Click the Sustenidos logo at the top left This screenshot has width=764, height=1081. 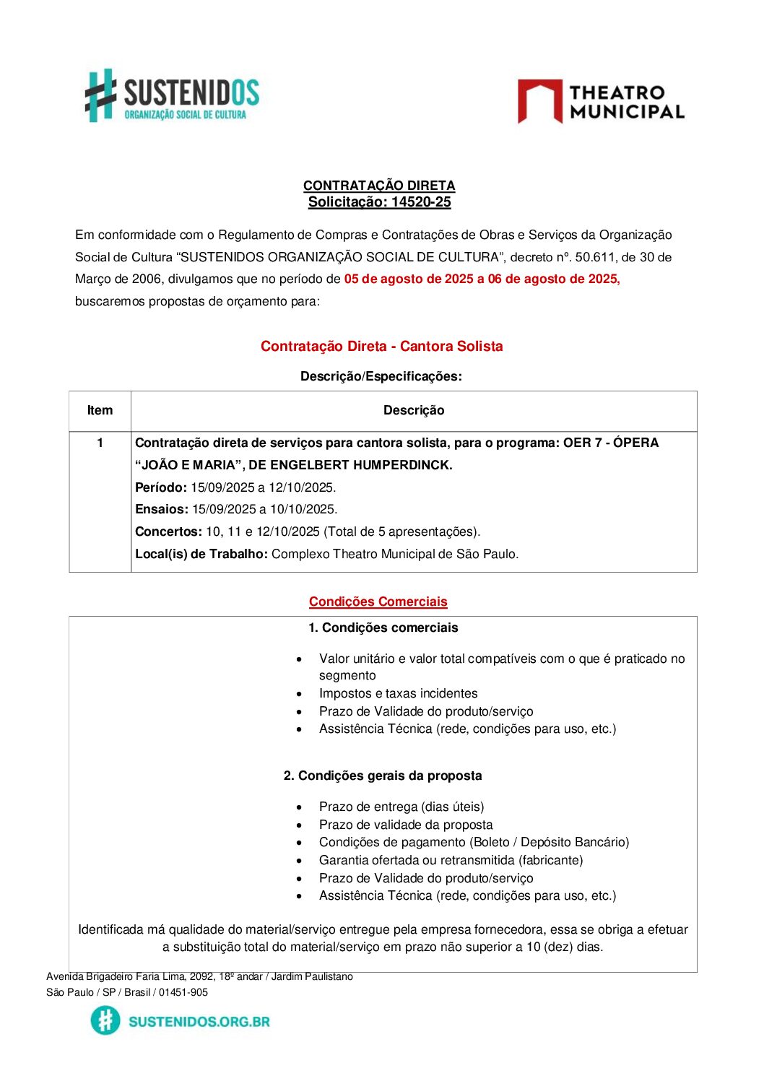[x=172, y=96]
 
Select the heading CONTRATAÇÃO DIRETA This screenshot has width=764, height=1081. [x=379, y=186]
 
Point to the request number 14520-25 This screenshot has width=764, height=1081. [x=421, y=202]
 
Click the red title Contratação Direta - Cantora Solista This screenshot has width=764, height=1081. [x=381, y=346]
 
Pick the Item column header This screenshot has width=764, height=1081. [x=100, y=410]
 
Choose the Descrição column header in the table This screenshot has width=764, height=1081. [x=414, y=410]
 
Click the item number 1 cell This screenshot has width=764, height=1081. [x=100, y=443]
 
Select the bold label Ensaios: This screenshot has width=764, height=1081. [x=162, y=509]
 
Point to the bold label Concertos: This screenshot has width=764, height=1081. [x=168, y=531]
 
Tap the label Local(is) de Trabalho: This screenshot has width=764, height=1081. [x=201, y=554]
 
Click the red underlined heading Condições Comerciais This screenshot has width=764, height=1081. [x=378, y=602]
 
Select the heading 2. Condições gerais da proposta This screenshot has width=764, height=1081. [x=383, y=776]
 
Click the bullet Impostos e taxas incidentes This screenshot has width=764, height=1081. [x=398, y=693]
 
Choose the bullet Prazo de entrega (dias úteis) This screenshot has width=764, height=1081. [x=401, y=807]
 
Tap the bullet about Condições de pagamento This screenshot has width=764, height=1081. [x=474, y=842]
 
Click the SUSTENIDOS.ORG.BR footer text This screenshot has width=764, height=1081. [x=199, y=1021]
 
